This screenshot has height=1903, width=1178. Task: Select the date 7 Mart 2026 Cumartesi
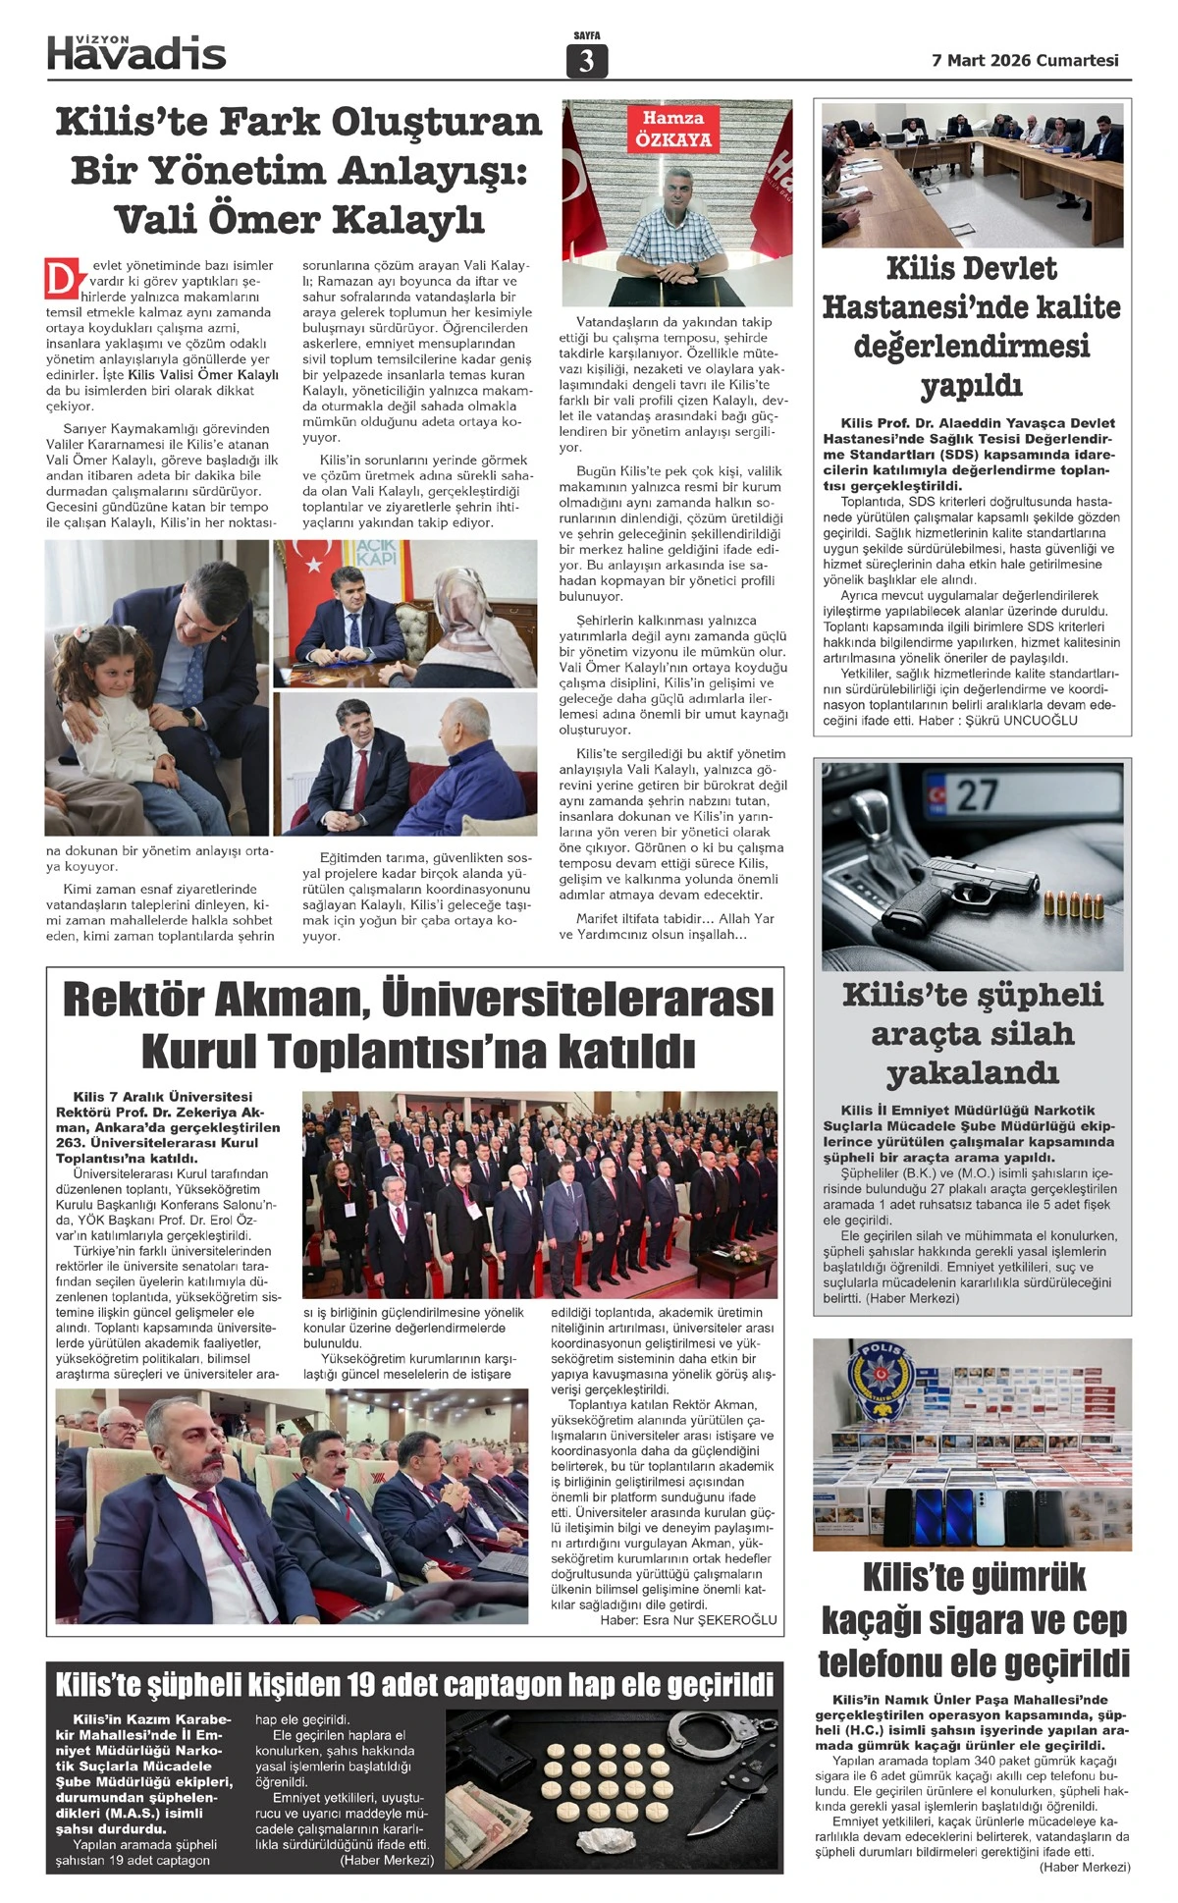point(1025,60)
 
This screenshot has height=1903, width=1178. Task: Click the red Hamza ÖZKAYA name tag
point(672,129)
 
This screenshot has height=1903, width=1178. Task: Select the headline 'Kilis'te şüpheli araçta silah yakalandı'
point(972,1033)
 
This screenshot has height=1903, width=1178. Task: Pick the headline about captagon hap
point(414,1685)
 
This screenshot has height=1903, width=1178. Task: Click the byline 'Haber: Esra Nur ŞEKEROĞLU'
point(688,1619)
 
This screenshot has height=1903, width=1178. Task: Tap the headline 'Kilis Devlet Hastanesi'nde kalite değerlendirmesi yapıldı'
point(971,326)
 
